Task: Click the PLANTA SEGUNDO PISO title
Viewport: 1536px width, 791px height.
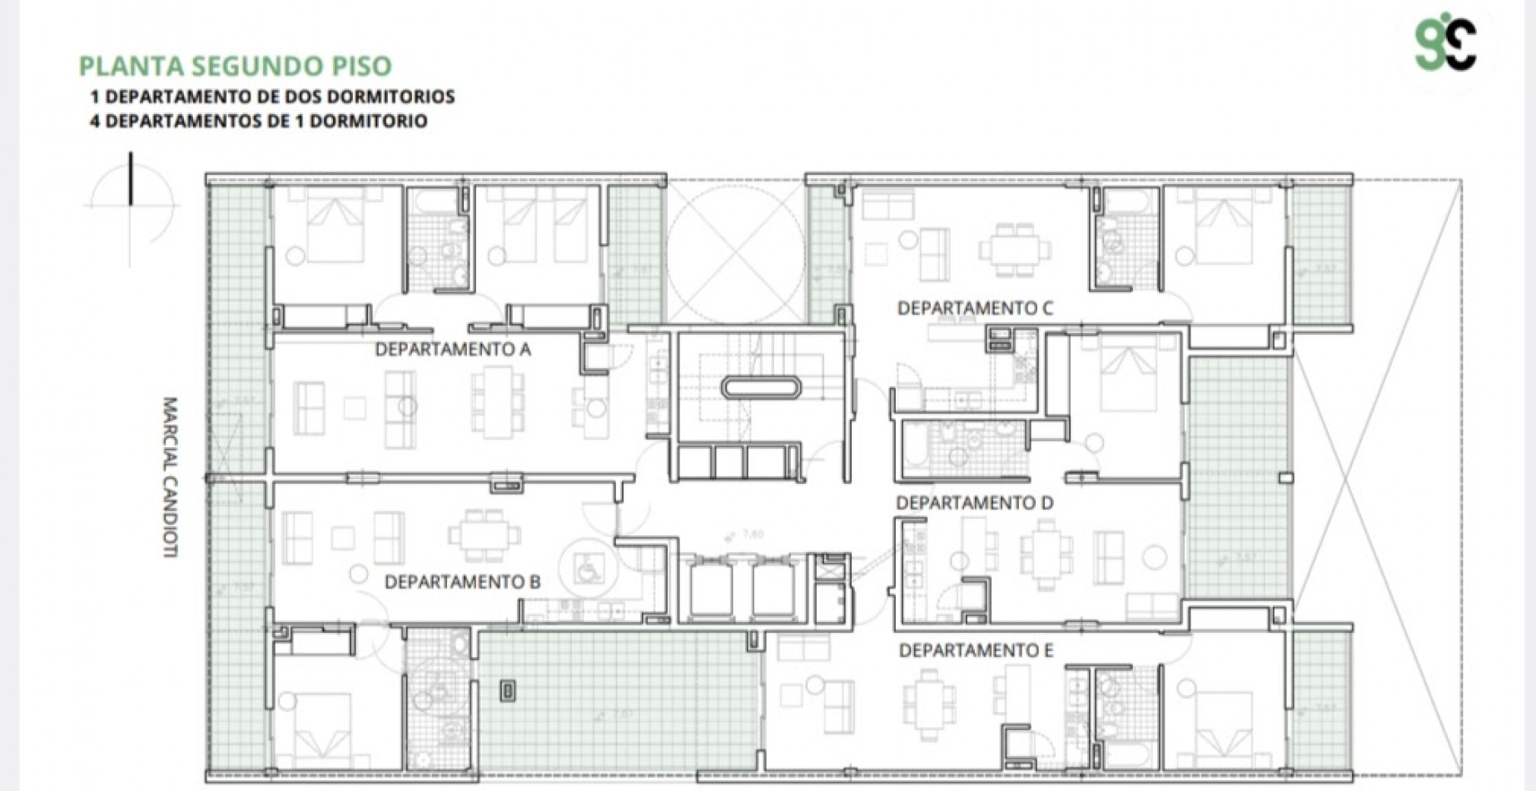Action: click(235, 66)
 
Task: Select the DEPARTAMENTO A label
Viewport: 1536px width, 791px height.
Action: click(452, 350)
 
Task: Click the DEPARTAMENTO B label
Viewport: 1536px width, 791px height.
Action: click(462, 582)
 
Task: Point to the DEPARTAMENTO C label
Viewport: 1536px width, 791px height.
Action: click(974, 309)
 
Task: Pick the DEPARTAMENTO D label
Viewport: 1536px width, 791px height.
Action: click(974, 503)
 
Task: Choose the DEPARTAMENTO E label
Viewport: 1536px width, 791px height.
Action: click(976, 650)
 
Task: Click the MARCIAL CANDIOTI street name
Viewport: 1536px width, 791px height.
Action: click(170, 476)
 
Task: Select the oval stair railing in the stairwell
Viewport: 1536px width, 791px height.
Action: click(760, 387)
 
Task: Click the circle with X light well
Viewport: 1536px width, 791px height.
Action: click(736, 253)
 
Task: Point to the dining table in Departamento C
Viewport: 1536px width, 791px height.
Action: click(1014, 248)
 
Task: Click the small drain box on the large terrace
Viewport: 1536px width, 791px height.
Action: click(508, 690)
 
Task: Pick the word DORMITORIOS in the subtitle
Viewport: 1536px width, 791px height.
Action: click(400, 97)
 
